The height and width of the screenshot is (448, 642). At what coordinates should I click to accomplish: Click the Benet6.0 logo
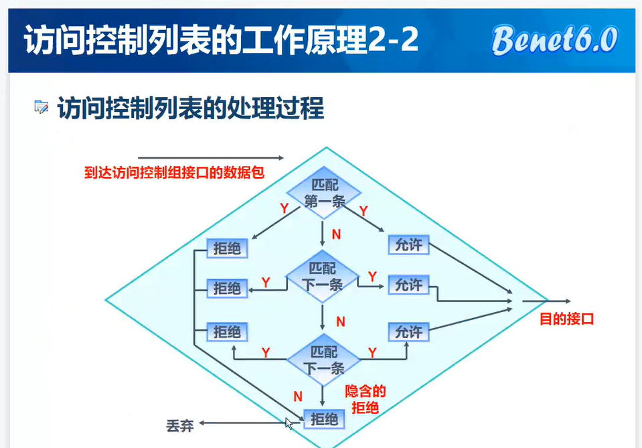coord(554,40)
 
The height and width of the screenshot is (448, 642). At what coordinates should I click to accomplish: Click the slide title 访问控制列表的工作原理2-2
coord(221,41)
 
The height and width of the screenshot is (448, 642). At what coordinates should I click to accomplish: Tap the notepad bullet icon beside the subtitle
coord(42,107)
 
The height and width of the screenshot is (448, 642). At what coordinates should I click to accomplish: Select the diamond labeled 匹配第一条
coord(325,193)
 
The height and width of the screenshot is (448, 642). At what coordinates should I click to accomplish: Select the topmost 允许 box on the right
coord(408,245)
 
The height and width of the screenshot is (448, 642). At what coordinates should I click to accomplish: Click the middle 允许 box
coord(408,285)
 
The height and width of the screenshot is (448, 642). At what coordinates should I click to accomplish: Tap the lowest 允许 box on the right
coord(408,331)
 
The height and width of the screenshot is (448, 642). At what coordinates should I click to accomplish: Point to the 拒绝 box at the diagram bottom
coord(325,419)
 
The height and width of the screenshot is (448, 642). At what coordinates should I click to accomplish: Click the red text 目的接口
coord(567,319)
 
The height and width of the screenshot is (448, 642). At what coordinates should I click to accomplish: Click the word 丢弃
coord(180,425)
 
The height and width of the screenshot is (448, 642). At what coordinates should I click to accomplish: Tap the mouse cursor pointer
coord(289,423)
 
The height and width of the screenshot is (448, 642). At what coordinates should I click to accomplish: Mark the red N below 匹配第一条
coord(336,235)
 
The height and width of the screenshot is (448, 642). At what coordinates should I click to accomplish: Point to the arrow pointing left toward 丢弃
coord(248,423)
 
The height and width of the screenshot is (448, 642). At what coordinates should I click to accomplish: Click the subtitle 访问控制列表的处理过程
coord(191,108)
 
